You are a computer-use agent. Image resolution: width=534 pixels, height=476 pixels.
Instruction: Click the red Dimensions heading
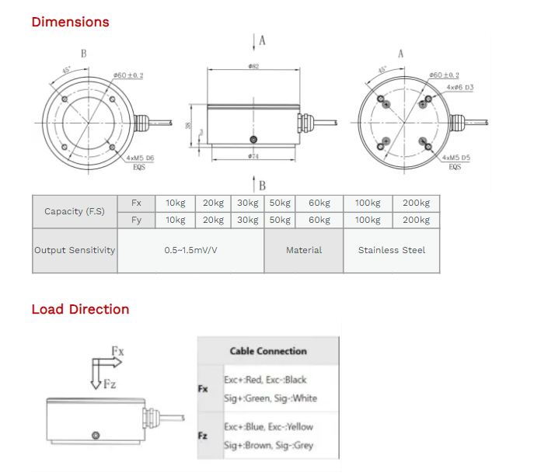point(70,22)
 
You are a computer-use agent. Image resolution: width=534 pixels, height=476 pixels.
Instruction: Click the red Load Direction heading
point(80,309)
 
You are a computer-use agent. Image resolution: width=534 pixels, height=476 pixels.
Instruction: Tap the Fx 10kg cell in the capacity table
point(175,203)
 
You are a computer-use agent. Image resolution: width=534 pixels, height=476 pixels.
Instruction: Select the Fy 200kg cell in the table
point(415,220)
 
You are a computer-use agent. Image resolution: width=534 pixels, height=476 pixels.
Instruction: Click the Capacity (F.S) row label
point(75,211)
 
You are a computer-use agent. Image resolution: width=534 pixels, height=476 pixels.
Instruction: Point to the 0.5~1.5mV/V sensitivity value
point(190,250)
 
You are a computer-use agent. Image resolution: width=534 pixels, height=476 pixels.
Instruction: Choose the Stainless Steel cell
point(391,250)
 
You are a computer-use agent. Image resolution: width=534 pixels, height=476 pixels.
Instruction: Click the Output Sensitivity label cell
point(75,250)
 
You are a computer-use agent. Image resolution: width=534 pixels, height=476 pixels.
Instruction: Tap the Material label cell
point(303,250)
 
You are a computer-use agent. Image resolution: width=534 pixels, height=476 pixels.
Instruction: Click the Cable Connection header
point(267,351)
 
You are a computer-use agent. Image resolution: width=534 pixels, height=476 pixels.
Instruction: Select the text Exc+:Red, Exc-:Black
point(265,380)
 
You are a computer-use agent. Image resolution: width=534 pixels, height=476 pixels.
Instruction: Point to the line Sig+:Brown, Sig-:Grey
point(268,446)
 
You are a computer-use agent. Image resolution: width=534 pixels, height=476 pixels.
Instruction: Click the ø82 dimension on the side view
point(253,68)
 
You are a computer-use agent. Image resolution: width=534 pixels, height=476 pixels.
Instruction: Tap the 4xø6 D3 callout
point(459,88)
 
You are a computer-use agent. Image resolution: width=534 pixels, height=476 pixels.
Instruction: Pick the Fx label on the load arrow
point(117,351)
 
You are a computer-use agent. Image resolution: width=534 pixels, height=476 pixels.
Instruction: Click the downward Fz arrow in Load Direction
point(96,380)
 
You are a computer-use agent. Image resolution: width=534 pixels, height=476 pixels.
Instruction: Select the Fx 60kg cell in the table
point(319,203)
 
